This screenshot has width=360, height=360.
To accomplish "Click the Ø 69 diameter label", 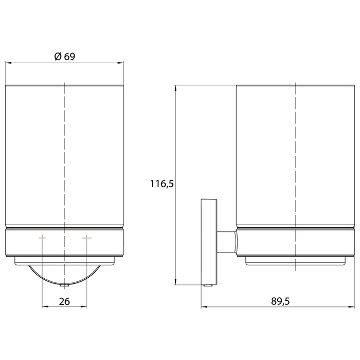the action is point(65,56).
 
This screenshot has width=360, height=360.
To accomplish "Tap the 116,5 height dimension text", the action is point(162,184).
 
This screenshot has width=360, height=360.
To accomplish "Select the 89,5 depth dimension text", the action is point(280,301).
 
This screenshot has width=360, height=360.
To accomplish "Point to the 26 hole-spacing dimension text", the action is point(64,301).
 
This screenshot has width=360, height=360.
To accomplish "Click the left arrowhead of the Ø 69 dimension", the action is point(8,62).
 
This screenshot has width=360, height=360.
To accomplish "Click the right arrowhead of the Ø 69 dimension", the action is point(121,62).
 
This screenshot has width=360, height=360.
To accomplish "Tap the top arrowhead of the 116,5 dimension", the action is point(175,88).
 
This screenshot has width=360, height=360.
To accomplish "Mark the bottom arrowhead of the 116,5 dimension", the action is point(175,282).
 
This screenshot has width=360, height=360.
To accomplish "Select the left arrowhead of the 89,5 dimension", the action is point(204,307).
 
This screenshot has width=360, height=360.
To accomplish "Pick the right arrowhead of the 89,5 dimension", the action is point(351,307).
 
